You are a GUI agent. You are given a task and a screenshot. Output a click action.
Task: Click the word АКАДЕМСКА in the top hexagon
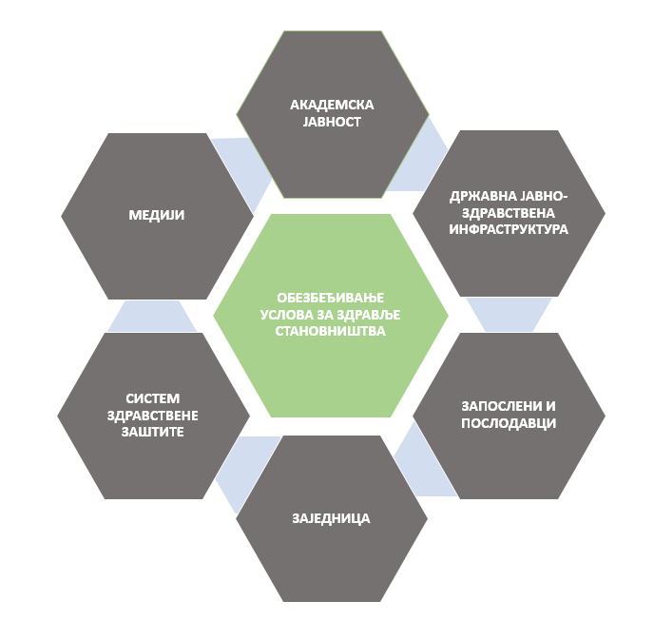[332, 105]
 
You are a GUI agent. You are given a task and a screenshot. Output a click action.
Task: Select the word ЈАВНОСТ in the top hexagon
[332, 122]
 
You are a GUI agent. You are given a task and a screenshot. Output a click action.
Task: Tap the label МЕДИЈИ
[157, 215]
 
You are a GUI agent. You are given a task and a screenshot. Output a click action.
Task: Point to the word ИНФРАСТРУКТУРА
[509, 229]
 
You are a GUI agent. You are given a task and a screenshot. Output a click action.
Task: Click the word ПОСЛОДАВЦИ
[509, 423]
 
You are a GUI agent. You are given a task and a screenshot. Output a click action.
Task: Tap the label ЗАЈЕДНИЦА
[331, 518]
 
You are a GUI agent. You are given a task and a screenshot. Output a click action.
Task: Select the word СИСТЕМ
[153, 398]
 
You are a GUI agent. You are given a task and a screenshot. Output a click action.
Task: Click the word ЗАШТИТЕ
[153, 432]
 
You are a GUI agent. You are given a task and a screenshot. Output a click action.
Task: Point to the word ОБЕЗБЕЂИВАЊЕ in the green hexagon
[331, 298]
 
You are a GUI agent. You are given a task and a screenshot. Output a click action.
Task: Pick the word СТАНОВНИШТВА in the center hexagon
[331, 331]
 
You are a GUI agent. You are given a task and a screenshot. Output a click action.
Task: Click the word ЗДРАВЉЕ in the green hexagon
[368, 315]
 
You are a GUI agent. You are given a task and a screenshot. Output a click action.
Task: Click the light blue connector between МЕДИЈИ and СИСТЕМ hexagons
[152, 317]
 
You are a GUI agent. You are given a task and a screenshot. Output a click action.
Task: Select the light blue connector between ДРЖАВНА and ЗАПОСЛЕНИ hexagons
[510, 315]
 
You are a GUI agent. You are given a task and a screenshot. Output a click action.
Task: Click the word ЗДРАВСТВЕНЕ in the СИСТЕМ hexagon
[153, 416]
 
